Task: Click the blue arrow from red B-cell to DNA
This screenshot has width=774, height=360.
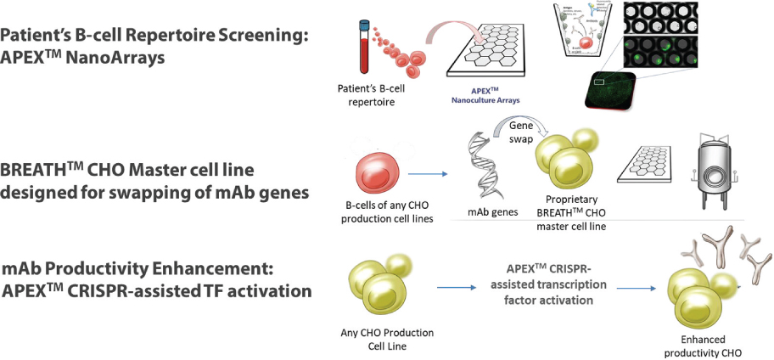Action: pos(430,176)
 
